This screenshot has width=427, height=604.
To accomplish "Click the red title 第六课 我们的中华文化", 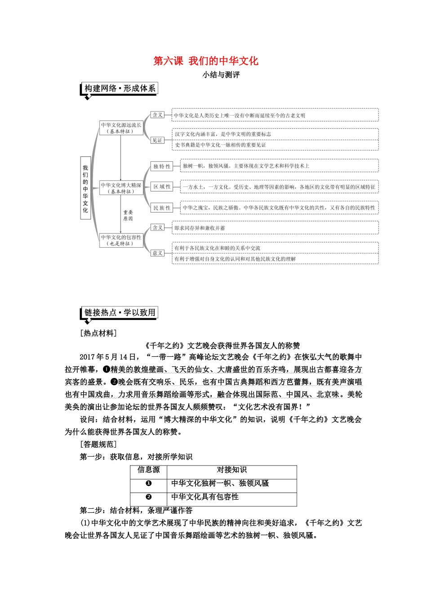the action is (x=206, y=61).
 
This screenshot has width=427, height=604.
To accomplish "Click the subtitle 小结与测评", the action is (x=221, y=75).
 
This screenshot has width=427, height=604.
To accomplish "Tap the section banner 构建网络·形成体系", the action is (x=120, y=89).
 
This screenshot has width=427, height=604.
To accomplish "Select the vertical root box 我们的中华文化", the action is (x=85, y=188).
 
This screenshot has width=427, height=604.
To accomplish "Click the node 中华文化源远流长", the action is (x=120, y=128).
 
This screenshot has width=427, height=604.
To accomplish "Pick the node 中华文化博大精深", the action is (x=120, y=188).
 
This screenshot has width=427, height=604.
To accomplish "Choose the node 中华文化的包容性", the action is (x=120, y=240).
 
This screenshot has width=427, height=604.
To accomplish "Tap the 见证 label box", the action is (x=157, y=140).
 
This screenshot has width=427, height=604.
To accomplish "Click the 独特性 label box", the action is (x=162, y=166).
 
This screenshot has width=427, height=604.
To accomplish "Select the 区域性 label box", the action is (x=162, y=187).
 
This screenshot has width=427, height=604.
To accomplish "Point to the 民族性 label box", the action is (x=162, y=208).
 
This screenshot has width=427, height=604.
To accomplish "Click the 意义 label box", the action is (x=157, y=253).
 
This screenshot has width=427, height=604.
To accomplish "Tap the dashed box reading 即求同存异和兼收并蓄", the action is (x=275, y=228).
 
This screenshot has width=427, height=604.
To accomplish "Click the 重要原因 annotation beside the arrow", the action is (x=128, y=215).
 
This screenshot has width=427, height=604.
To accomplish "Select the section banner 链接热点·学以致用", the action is (x=120, y=313).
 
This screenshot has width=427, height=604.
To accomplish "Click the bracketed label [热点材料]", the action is (x=98, y=333).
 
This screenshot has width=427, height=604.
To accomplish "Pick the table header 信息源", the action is (x=148, y=470).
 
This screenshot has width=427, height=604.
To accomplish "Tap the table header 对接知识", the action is (x=231, y=470).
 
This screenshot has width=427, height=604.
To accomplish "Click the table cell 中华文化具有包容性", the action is (x=205, y=497).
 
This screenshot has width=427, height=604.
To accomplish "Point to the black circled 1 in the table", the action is (x=149, y=484).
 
